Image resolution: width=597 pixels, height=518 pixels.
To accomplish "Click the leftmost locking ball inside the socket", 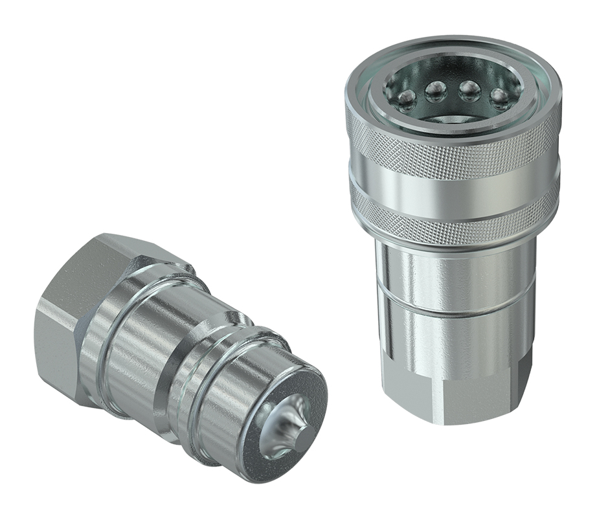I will [407, 98].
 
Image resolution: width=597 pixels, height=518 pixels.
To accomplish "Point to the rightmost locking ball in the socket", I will [499, 97].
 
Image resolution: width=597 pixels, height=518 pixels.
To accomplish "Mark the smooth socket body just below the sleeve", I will [453, 272].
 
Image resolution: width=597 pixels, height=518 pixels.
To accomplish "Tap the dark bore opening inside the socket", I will [466, 117].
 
